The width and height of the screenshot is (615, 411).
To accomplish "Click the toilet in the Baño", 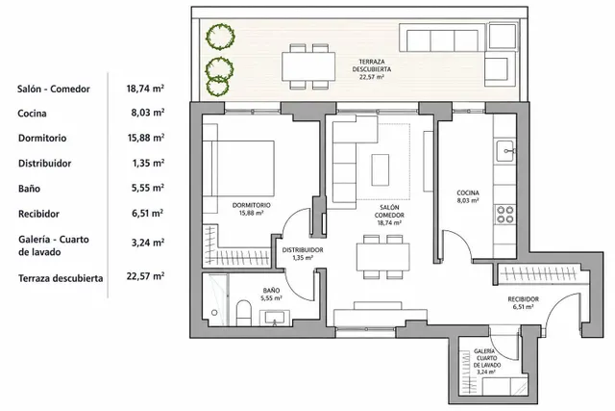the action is point(244,313).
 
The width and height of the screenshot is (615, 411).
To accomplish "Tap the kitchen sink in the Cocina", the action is point(504,151).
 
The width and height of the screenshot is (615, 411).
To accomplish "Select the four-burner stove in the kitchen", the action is point(505,215).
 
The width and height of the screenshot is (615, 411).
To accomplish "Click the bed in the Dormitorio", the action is point(238,168).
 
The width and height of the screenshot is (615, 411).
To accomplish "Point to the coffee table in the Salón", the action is point(381,170).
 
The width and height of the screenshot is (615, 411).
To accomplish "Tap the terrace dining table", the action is point(308,66).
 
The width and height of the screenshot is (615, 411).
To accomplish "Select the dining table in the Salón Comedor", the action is point(382,257).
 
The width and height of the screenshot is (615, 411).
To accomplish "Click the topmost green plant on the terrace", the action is point(221,37).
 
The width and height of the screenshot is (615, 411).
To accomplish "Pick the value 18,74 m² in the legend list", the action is point(145,89).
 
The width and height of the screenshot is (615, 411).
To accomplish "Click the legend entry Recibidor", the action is point(38,214).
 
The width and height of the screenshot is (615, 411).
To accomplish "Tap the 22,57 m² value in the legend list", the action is point(145,276).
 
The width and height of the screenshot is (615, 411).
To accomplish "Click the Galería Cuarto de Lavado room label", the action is point(486,362).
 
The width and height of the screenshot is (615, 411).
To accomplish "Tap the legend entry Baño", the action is point(29,189).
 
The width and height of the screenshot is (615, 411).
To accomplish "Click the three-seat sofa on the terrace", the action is point(442,38).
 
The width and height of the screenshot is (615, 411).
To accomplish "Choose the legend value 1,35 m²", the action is point(148,163).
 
